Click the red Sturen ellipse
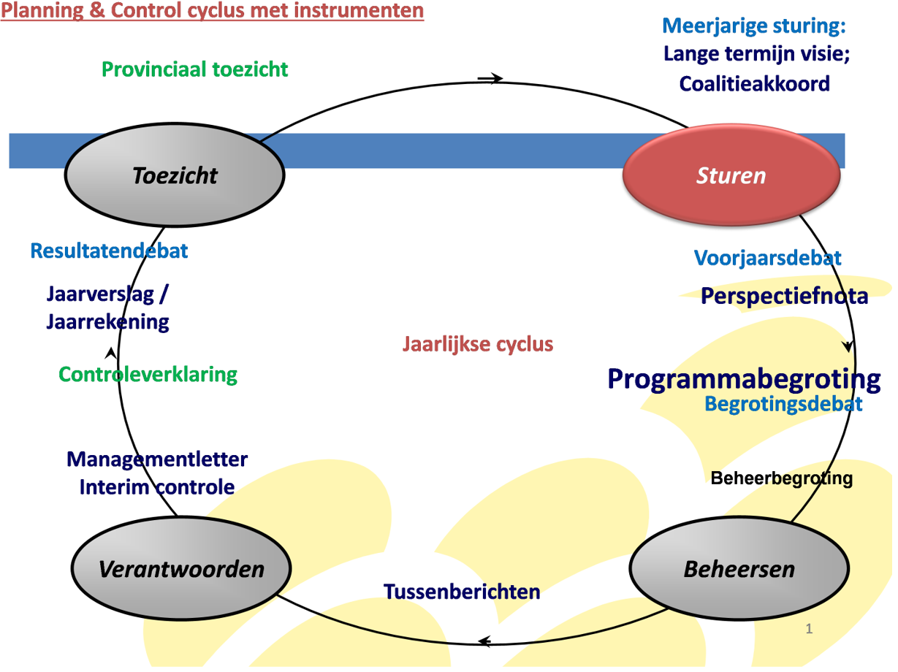pos(731,175)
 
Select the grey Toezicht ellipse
pos(175,175)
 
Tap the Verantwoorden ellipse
pos(181,568)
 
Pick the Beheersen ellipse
pos(739,568)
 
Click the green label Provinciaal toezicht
pos(195,69)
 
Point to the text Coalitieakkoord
pos(754,84)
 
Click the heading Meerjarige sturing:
pos(754,26)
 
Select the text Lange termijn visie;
pos(756,54)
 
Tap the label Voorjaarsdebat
pos(767,258)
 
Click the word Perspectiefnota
pos(784,296)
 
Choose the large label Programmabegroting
pos(744,380)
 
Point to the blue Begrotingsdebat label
pos(783,404)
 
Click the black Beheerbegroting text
pos(781,478)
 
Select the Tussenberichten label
pos(462,592)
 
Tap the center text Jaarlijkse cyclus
pos(477,344)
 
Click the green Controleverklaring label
pos(148,375)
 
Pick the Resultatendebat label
pos(109,251)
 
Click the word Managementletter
pos(157,459)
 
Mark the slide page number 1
pos(809,629)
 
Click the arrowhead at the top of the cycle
pos(493,78)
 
